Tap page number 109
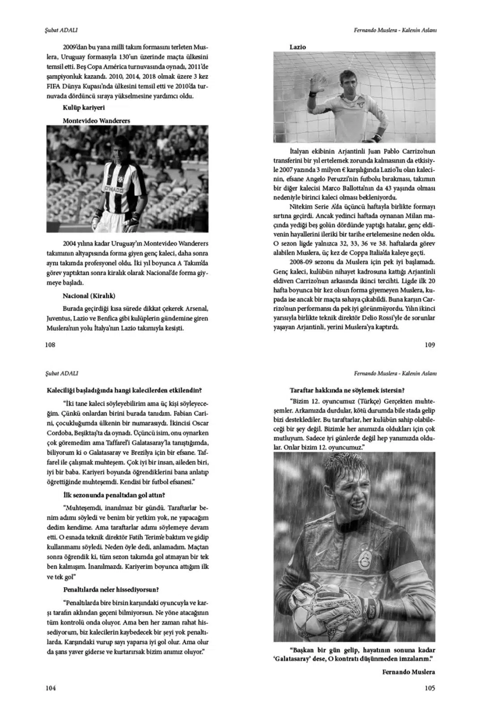[x=430, y=345]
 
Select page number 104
[x=51, y=688]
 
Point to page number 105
[x=430, y=688]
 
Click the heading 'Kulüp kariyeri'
[x=84, y=108]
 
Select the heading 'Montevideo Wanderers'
[x=96, y=120]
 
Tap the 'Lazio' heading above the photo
[x=298, y=47]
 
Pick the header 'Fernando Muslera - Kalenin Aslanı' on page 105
[x=395, y=373]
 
